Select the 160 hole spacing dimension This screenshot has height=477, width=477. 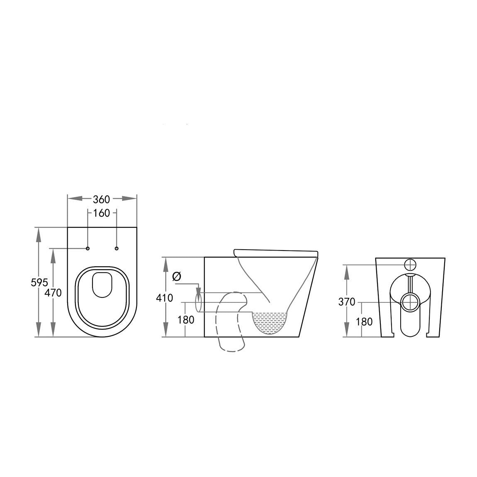point(101,213)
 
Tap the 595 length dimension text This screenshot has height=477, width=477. point(39,282)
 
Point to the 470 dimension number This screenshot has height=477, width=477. point(53,293)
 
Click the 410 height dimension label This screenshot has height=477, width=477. point(165,298)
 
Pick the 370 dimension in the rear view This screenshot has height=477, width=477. point(347,302)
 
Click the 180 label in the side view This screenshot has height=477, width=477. point(185,320)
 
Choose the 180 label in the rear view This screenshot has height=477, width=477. point(364,321)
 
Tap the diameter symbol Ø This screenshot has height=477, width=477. point(176,276)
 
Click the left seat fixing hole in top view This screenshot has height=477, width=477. point(88,248)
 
